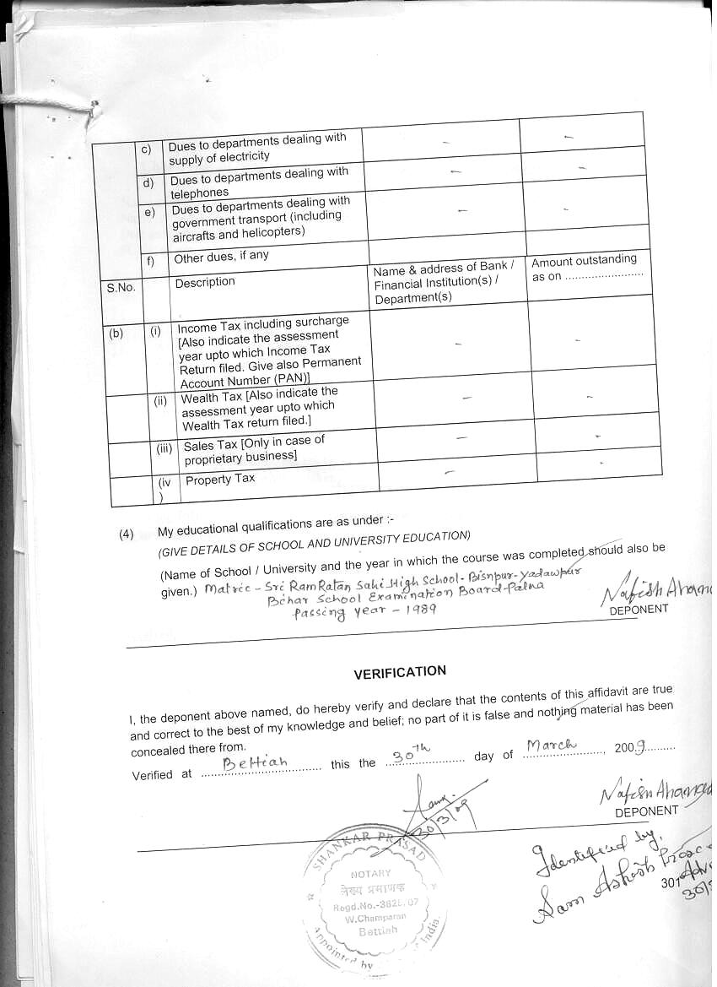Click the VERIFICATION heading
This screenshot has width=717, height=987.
(400, 672)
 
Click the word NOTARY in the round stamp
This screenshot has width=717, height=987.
(371, 874)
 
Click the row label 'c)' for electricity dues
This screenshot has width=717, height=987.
(146, 150)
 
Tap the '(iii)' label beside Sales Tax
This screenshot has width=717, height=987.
(164, 448)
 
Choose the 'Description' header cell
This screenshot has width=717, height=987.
(205, 283)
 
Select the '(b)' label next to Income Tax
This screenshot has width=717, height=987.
(116, 333)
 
